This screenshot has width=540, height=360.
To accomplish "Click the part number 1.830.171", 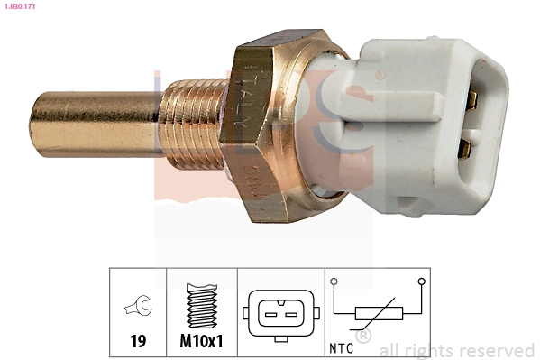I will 21,6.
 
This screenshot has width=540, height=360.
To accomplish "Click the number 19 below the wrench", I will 138,342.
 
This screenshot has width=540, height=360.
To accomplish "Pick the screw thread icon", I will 202,306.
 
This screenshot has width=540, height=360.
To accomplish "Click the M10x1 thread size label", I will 202,342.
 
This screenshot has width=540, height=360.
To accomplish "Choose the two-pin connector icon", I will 279,314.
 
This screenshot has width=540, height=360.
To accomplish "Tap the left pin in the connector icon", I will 268,315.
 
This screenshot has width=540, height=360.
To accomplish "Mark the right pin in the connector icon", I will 289,315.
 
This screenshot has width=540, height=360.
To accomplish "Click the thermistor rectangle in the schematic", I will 377,313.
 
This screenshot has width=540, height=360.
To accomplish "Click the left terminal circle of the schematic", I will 334,282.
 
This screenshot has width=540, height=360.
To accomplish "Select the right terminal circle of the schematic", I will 420,282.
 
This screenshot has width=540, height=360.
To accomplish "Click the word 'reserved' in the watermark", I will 497,350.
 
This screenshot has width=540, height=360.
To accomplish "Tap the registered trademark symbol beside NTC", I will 363,337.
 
